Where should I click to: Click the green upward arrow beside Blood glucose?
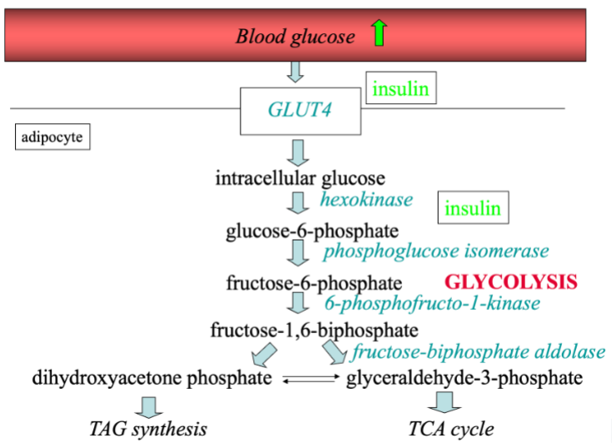380,33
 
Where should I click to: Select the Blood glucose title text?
295,36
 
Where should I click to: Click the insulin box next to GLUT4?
401,89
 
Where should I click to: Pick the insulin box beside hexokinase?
473,208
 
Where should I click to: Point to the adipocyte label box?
52,137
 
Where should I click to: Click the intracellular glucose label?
300,178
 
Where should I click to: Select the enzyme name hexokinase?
366,199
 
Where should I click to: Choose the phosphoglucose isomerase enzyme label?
436,251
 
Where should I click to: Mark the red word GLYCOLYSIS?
511,281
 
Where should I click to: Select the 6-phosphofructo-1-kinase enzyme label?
432,303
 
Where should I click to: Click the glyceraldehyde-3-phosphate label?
464,379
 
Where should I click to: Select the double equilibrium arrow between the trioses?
309,381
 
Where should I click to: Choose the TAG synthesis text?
148,429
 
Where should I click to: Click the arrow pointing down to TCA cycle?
444,404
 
